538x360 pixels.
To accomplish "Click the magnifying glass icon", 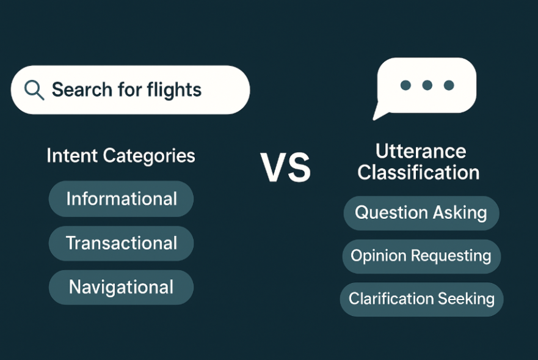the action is click(x=34, y=90).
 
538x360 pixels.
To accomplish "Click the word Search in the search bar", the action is click(x=82, y=90).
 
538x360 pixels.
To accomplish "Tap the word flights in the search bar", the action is click(x=174, y=90).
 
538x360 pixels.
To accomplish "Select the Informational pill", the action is click(x=121, y=199).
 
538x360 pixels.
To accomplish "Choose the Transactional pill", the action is click(x=121, y=243).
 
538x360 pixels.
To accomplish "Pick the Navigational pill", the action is click(x=121, y=287).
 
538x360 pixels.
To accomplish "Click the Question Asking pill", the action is click(x=421, y=213).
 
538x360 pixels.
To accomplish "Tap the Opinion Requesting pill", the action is click(x=421, y=256).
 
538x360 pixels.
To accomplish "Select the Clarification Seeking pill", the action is click(x=422, y=299).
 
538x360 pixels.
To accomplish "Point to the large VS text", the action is click(x=285, y=167).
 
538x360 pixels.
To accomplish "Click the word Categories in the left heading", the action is click(x=149, y=156).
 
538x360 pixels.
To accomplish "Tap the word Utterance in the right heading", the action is click(x=421, y=152).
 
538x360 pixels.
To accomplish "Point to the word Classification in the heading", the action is click(x=418, y=172).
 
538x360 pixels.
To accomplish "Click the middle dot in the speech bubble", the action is click(x=427, y=85).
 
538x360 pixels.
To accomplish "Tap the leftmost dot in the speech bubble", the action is click(x=405, y=85).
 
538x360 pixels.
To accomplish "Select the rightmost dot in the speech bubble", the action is click(x=449, y=85).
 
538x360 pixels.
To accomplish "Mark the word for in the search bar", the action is click(x=129, y=90).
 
